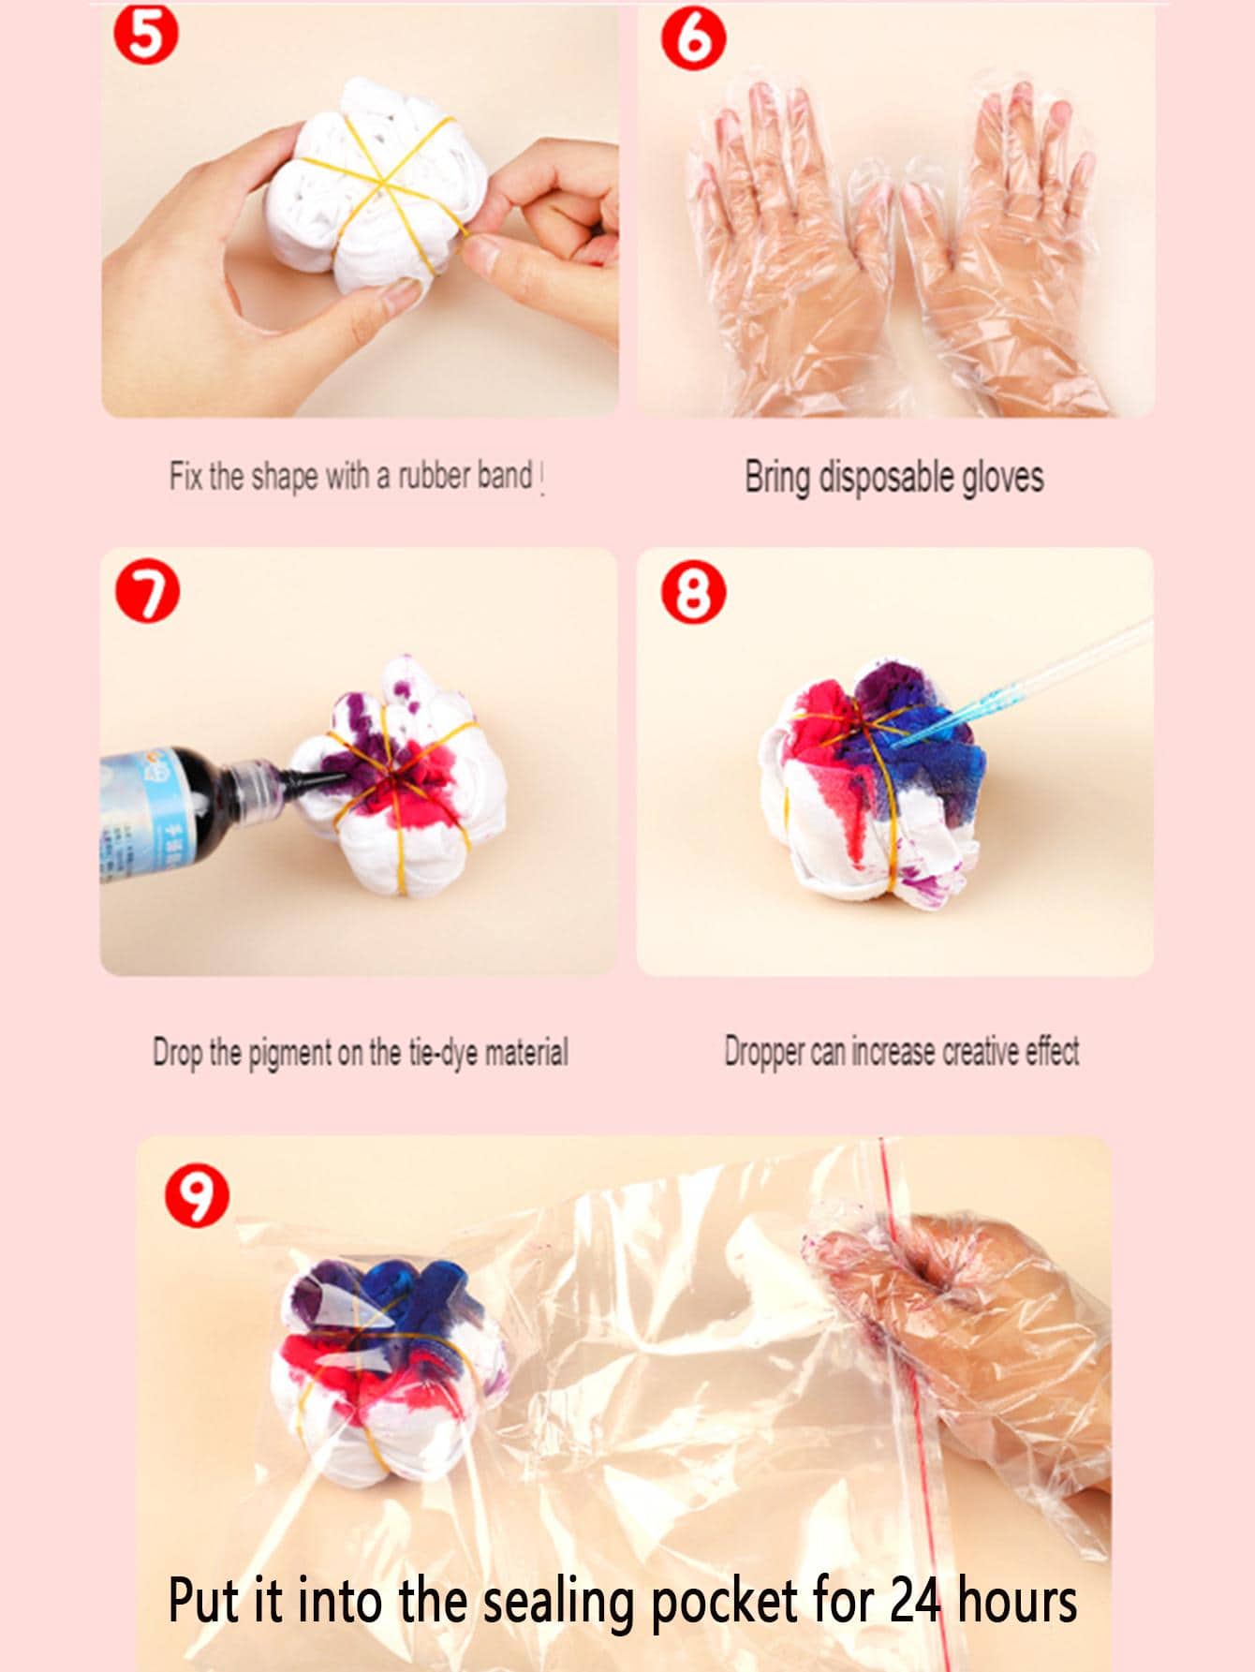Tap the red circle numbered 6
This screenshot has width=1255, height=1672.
pyautogui.click(x=692, y=41)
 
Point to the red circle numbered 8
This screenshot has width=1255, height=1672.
pyautogui.click(x=693, y=594)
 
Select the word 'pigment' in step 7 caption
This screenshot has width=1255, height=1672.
pyautogui.click(x=291, y=1053)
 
